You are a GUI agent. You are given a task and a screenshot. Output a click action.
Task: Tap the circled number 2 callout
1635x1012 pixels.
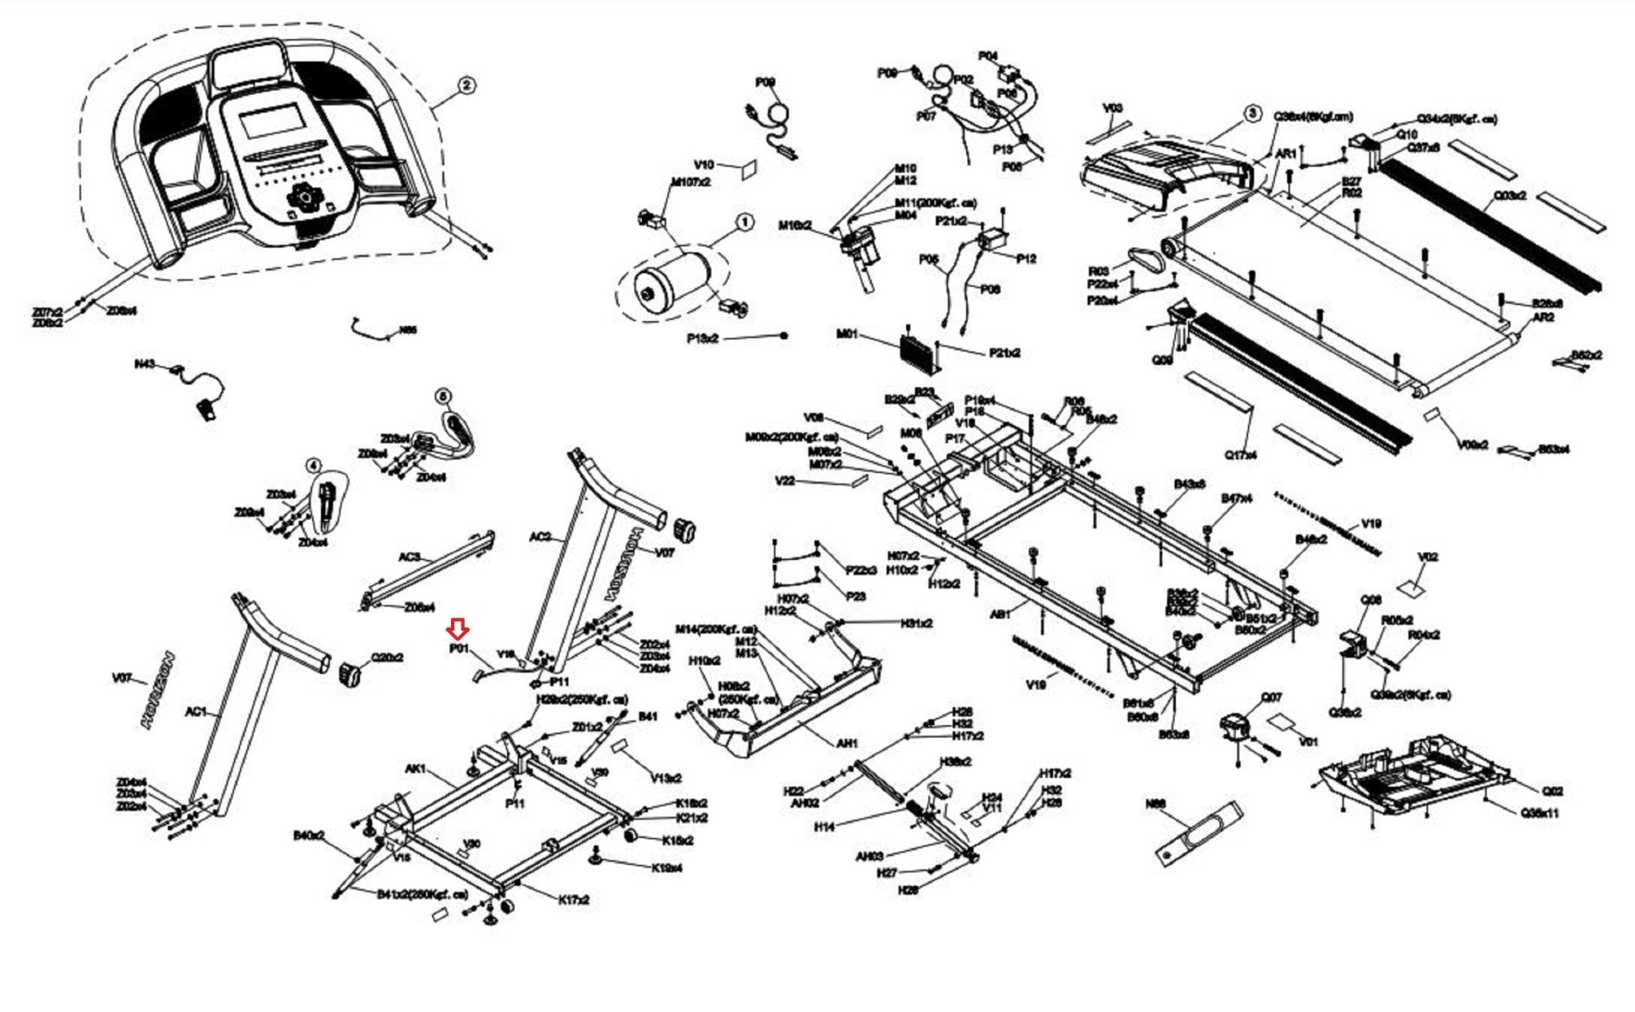pyautogui.click(x=466, y=85)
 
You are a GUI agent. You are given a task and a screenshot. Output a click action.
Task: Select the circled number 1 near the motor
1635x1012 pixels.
pyautogui.click(x=744, y=222)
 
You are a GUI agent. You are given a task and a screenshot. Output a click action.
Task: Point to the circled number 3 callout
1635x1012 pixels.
pyautogui.click(x=1253, y=113)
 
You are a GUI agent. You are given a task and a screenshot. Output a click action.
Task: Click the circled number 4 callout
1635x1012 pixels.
pyautogui.click(x=314, y=465)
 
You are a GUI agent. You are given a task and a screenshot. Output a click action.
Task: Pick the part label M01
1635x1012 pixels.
pyautogui.click(x=847, y=334)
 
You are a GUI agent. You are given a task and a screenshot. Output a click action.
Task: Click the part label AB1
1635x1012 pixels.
pyautogui.click(x=1000, y=615)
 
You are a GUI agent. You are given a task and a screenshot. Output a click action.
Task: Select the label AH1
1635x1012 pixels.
pyautogui.click(x=846, y=743)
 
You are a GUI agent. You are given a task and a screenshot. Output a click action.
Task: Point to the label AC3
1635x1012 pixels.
pyautogui.click(x=410, y=557)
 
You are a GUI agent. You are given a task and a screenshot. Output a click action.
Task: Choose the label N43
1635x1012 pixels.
pyautogui.click(x=144, y=364)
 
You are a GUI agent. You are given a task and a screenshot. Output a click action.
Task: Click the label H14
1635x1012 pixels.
pyautogui.click(x=824, y=827)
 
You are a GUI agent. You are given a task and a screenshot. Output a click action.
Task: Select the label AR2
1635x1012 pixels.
pyautogui.click(x=1543, y=317)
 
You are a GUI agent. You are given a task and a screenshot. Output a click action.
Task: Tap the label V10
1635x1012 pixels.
pyautogui.click(x=703, y=165)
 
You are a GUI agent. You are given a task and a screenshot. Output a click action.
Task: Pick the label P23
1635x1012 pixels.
pyautogui.click(x=855, y=596)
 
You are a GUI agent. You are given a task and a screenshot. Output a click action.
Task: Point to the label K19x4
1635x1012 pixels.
pyautogui.click(x=667, y=868)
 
